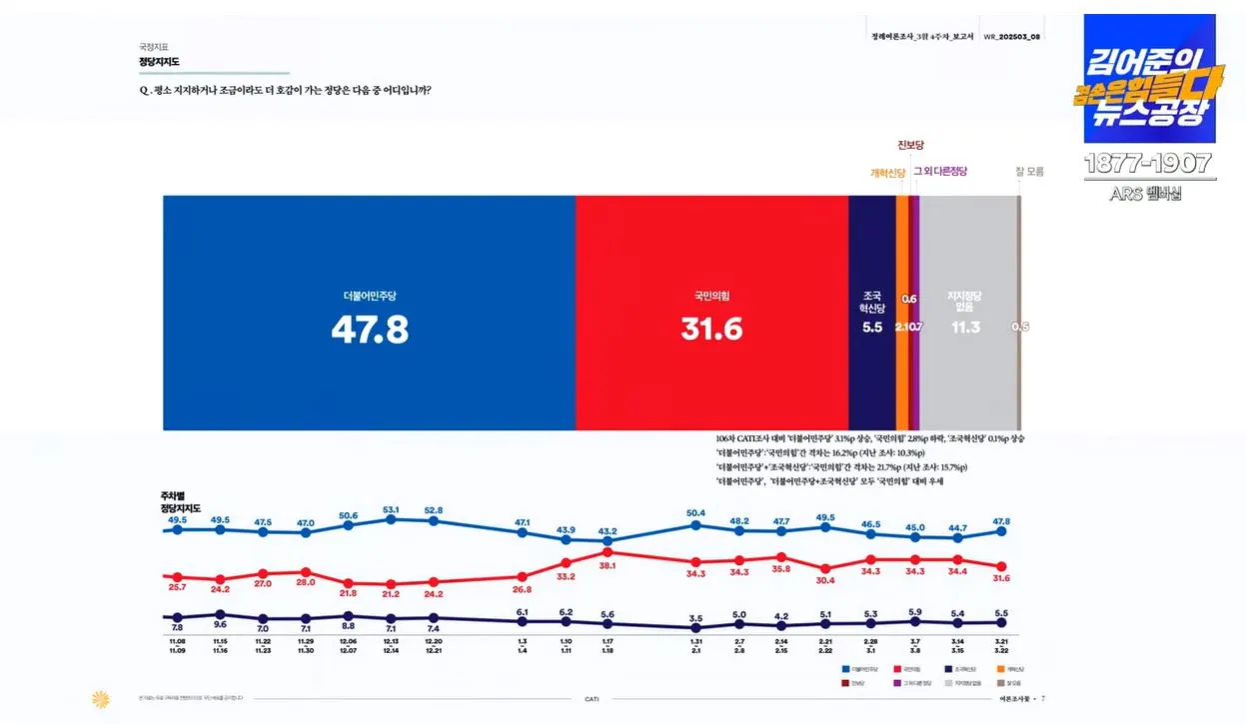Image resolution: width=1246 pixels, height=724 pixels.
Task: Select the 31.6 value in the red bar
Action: [x=711, y=329]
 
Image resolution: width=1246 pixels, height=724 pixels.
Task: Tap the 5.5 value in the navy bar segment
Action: [x=872, y=327]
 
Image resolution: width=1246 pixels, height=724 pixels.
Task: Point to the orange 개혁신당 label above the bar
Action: [x=887, y=172]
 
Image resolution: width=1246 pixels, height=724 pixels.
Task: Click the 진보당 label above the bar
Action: [x=911, y=146]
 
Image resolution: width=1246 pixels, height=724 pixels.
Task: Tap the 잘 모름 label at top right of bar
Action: [x=1028, y=171]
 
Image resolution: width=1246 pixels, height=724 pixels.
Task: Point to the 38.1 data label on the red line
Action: [x=607, y=565]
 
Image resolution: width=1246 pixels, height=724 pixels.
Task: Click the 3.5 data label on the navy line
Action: [x=696, y=619]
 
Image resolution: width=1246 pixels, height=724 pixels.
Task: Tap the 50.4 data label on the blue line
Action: [x=695, y=513]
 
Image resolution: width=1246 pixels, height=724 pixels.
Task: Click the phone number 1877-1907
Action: [x=1148, y=164]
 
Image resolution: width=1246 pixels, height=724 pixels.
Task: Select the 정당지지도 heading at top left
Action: [x=160, y=62]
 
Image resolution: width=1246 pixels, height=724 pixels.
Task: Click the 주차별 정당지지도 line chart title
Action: [x=181, y=502]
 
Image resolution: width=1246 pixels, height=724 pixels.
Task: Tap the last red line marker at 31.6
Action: [x=1000, y=566]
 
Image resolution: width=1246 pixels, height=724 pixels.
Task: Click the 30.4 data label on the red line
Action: [x=825, y=580]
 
